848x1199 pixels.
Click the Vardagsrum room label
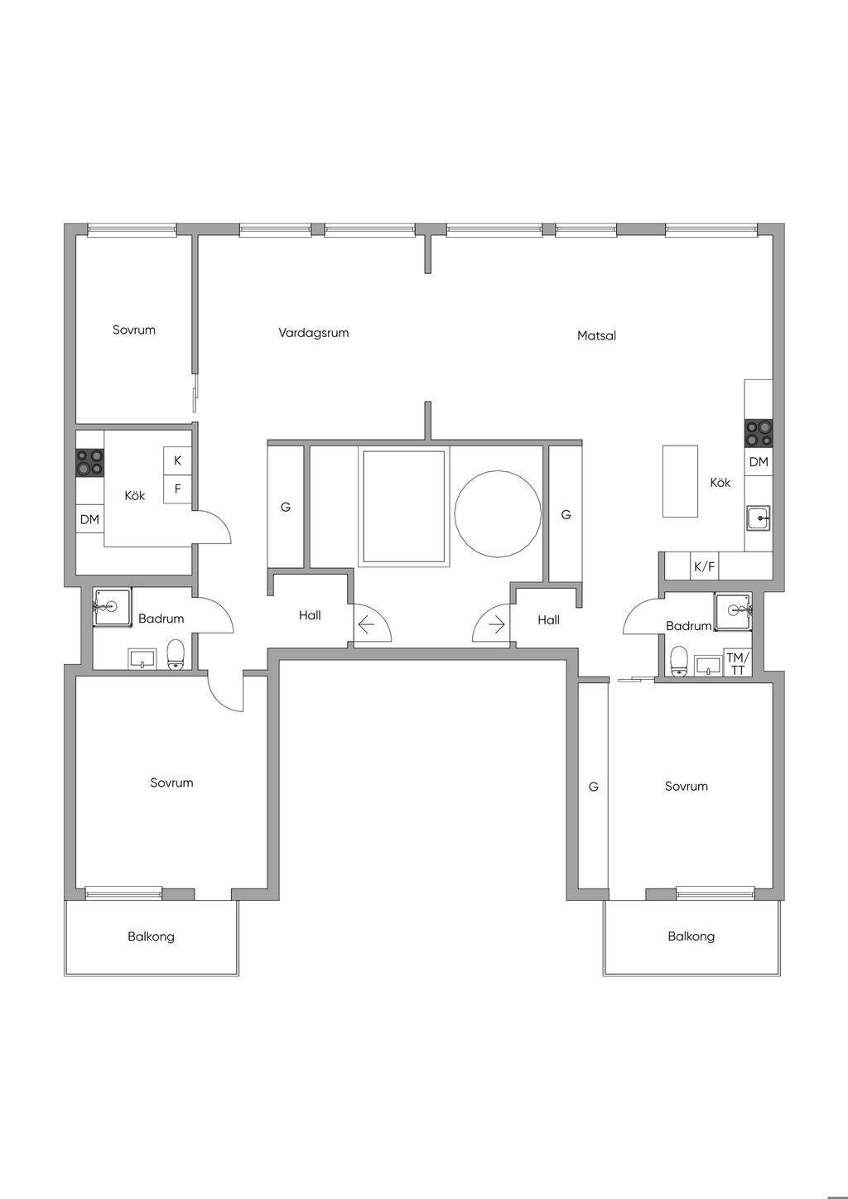pos(314,333)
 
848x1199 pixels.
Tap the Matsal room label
pos(596,335)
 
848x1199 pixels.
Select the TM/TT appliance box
pos(738,663)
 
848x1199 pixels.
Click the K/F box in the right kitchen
pos(705,566)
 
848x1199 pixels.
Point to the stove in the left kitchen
pos(89,462)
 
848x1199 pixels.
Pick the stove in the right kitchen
pos(759,433)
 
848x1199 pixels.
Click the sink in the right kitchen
pos(759,518)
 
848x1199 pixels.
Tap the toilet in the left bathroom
pos(176,655)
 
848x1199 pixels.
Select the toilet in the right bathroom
pos(679,661)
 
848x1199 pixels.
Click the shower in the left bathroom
pos(113,607)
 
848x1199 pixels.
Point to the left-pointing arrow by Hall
pos(366,624)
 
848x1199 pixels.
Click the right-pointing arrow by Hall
pos(497,624)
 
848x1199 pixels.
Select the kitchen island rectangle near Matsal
pos(680,481)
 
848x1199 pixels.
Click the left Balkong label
pos(151,937)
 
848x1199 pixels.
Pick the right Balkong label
pos(691,937)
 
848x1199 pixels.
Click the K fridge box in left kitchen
pos(177,460)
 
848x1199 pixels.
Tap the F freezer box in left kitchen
pos(177,489)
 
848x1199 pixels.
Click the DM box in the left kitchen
pos(89,518)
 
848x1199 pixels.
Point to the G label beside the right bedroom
pos(593,787)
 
